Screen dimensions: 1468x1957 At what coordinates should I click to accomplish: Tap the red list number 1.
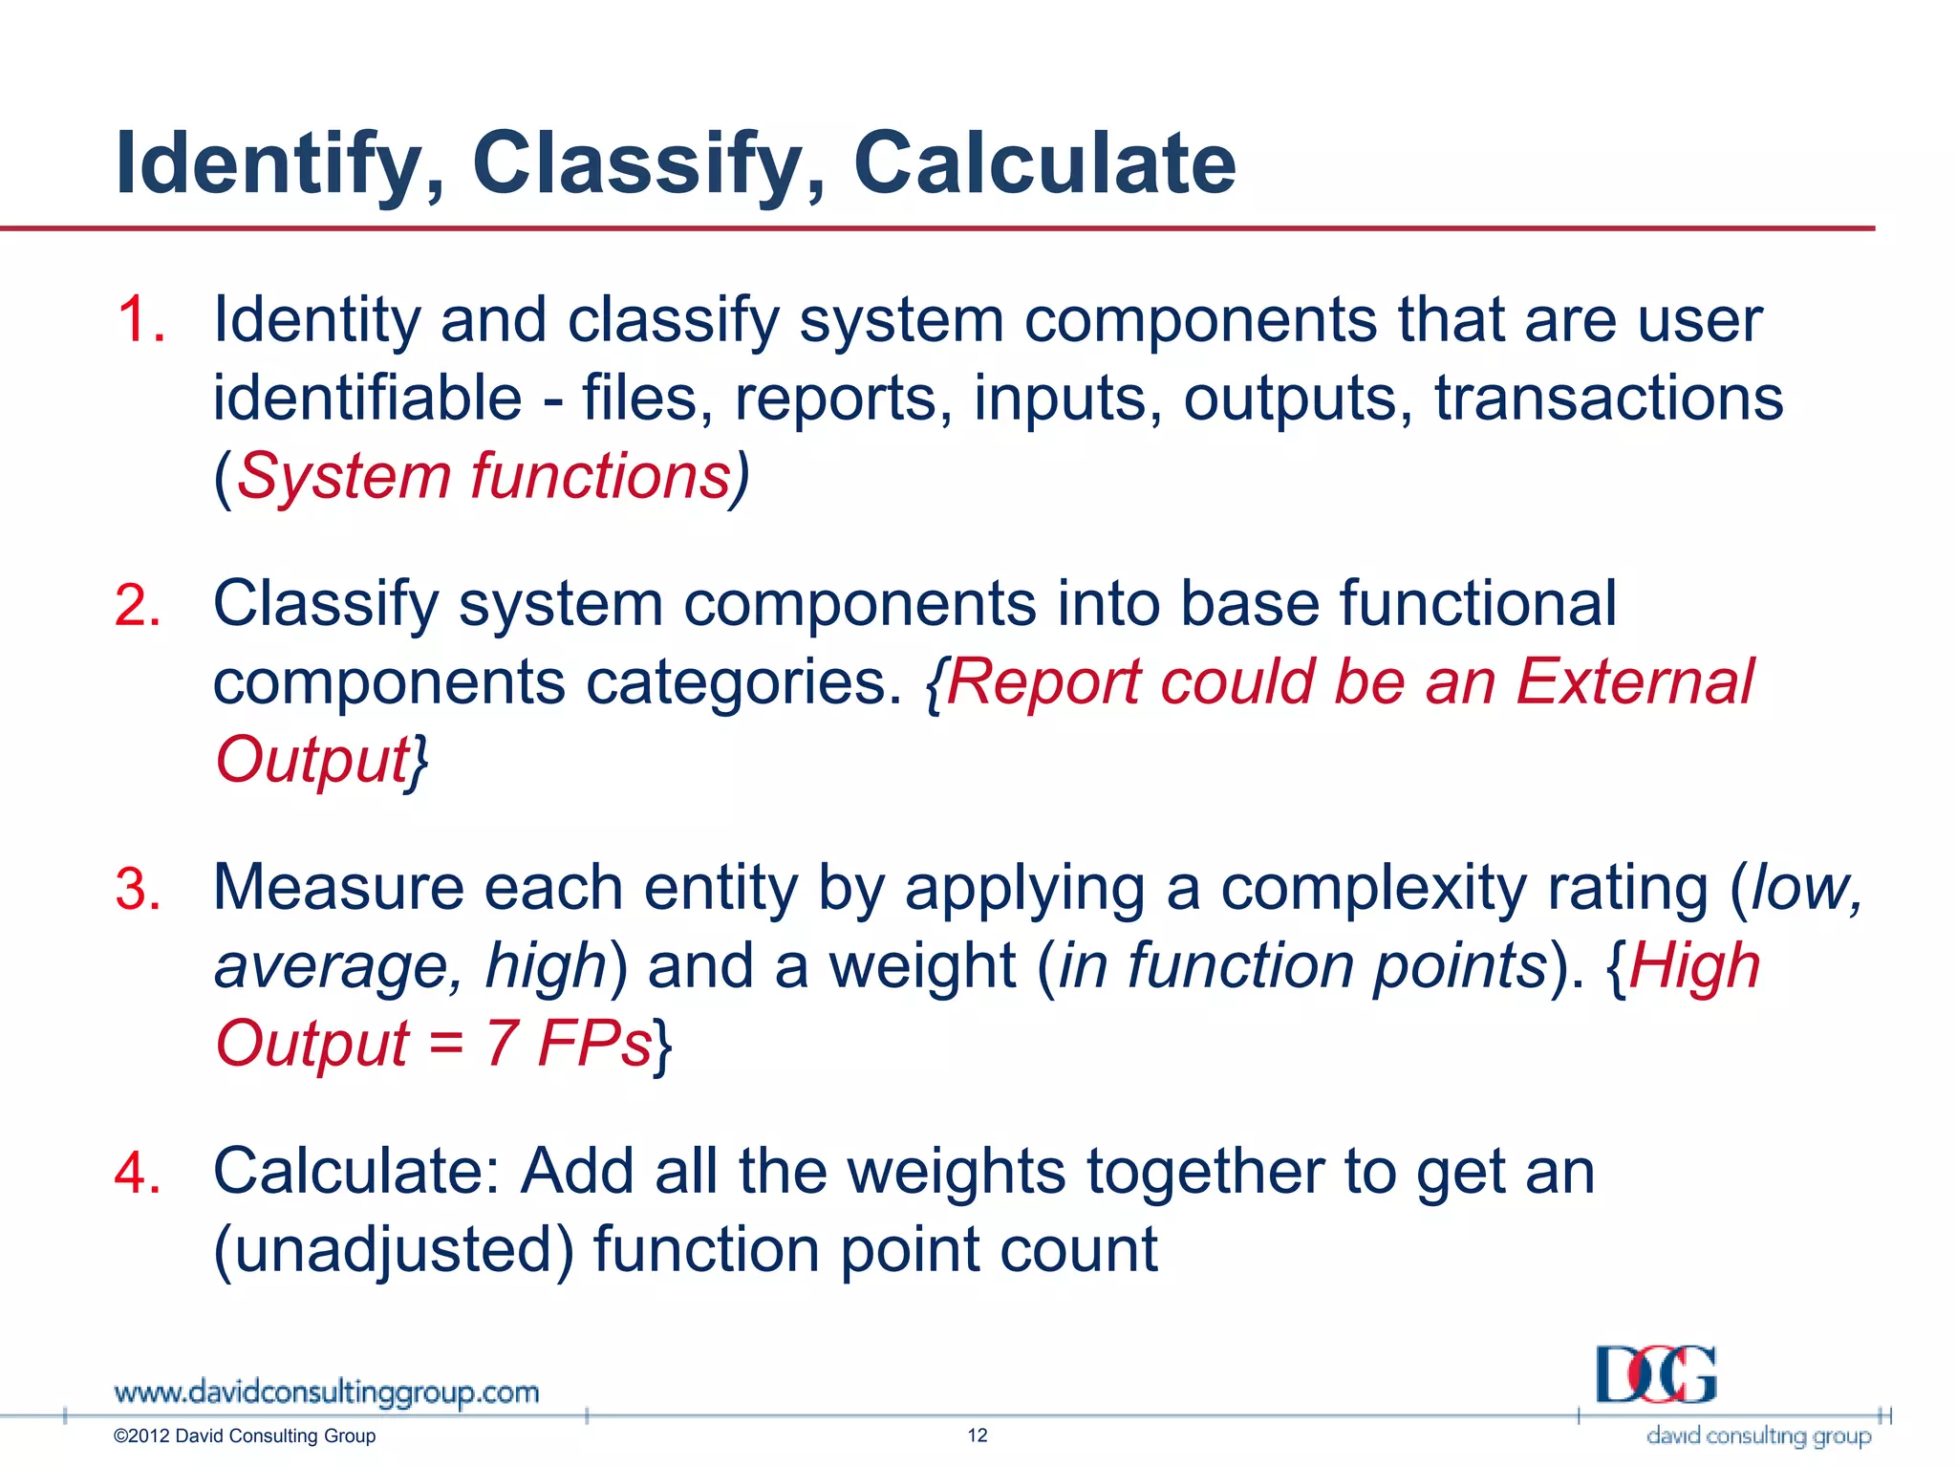coord(140,319)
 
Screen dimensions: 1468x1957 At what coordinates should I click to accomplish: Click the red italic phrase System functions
coord(484,476)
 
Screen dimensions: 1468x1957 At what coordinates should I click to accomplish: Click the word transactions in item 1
coord(1608,398)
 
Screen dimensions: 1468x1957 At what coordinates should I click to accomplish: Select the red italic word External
coord(1634,682)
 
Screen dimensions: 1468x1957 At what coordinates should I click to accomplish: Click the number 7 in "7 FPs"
coord(501,1043)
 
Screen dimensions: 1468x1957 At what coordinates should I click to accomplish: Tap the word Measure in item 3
coord(338,889)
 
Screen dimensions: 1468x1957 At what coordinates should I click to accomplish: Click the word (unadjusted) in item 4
coord(393,1250)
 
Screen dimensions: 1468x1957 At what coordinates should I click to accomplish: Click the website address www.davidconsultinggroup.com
coord(326,1392)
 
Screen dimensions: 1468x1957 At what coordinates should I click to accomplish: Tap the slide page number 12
coord(978,1436)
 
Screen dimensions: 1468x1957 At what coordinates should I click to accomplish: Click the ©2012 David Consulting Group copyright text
coord(245,1436)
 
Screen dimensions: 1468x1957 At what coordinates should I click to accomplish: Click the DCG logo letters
coord(1656,1374)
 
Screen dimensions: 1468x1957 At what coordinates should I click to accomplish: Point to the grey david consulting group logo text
coord(1758,1436)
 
